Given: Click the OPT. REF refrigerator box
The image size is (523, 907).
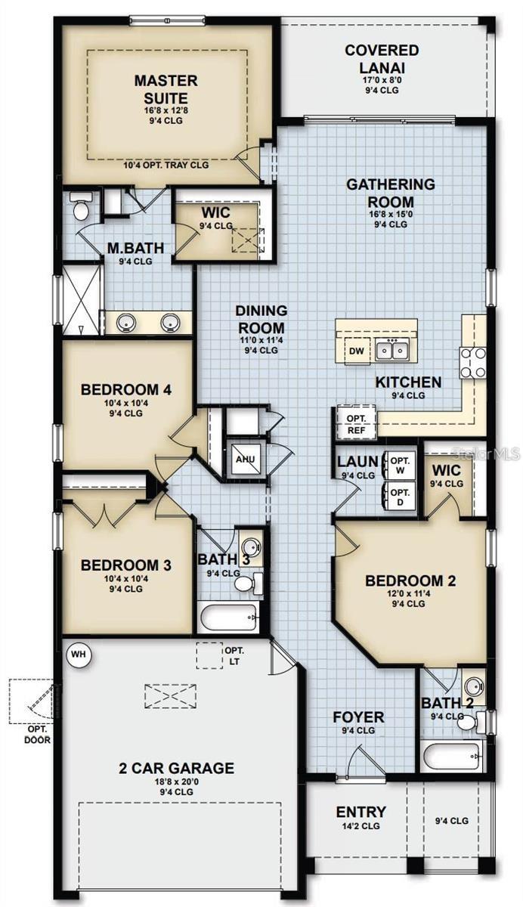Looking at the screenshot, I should (355, 423).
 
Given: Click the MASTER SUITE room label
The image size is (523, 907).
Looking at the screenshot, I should (166, 88).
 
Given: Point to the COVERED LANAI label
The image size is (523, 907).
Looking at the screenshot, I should (382, 59).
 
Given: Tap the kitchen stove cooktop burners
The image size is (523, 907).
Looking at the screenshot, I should (473, 362).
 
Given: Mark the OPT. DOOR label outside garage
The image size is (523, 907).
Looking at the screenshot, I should (36, 735).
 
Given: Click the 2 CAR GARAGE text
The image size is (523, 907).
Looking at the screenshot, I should (176, 769).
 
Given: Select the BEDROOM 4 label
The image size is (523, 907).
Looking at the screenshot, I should (126, 390).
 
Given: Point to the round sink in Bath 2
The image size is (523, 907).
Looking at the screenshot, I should (474, 688).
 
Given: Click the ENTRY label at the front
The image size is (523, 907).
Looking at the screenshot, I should (361, 813).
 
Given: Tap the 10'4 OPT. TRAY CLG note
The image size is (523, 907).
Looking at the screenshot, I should (166, 165).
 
